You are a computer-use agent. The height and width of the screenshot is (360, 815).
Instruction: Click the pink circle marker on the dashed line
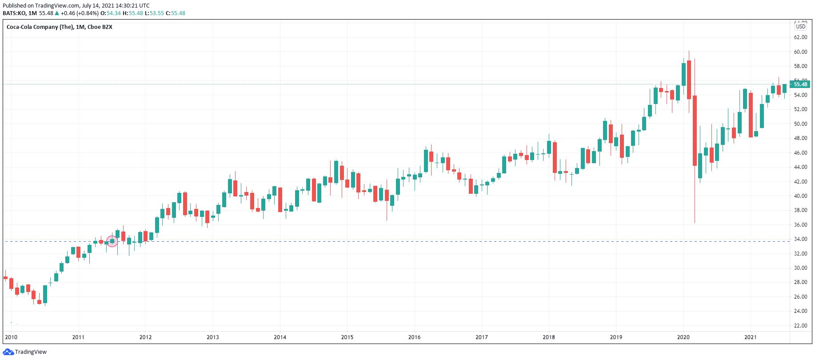pyautogui.click(x=112, y=241)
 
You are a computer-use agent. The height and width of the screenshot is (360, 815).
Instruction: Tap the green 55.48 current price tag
pyautogui.click(x=801, y=84)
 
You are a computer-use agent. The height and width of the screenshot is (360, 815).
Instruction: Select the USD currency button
pyautogui.click(x=801, y=26)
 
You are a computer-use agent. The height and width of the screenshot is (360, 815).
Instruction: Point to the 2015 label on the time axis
pyautogui.click(x=347, y=337)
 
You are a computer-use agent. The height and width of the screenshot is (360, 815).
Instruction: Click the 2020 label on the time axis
pyautogui.click(x=683, y=337)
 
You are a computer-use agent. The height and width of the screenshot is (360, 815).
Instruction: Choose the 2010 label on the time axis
pyautogui.click(x=11, y=337)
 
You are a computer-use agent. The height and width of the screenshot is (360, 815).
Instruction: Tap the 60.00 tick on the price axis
pyautogui.click(x=801, y=52)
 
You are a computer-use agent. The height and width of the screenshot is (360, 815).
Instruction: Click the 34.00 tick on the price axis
pyautogui.click(x=801, y=239)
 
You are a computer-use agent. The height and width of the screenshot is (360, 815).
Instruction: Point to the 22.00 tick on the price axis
pyautogui.click(x=801, y=326)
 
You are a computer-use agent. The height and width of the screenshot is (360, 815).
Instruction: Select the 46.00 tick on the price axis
pyautogui.click(x=801, y=153)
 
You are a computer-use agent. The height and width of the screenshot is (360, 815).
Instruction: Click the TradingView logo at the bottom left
pyautogui.click(x=24, y=352)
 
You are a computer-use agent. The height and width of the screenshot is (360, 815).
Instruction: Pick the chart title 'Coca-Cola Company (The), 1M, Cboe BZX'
pyautogui.click(x=60, y=27)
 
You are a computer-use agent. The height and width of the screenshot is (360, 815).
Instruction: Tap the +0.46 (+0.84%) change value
pyautogui.click(x=80, y=13)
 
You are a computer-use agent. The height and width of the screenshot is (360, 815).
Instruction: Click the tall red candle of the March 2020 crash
pyautogui.click(x=695, y=131)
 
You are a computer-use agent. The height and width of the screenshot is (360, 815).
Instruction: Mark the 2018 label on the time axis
pyautogui.click(x=549, y=337)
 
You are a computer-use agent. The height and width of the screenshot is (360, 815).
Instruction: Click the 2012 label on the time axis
pyautogui.click(x=145, y=337)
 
